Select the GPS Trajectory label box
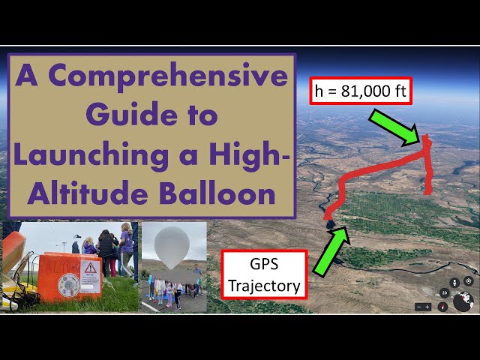pos(263,274)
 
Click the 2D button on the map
pos(445,292)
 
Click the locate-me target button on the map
pos(468,281)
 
